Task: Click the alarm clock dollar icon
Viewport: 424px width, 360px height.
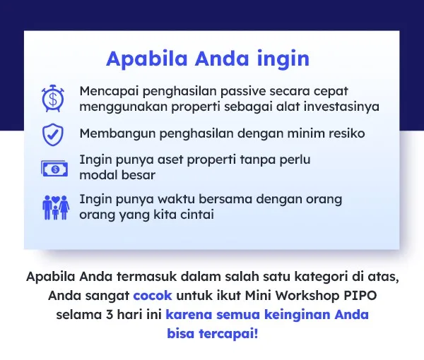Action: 53,98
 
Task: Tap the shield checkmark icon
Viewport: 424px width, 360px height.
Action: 53,135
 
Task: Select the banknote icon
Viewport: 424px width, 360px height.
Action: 54,169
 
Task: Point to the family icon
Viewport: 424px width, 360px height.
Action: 56,207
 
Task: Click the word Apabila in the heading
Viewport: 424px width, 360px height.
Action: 147,59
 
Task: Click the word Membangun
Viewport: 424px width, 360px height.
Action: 117,133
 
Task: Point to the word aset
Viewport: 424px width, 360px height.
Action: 170,160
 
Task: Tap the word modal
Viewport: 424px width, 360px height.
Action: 98,175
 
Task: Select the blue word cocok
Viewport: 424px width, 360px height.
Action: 153,296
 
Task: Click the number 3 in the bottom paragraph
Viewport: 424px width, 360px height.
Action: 110,314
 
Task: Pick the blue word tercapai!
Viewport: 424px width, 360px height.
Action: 228,334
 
